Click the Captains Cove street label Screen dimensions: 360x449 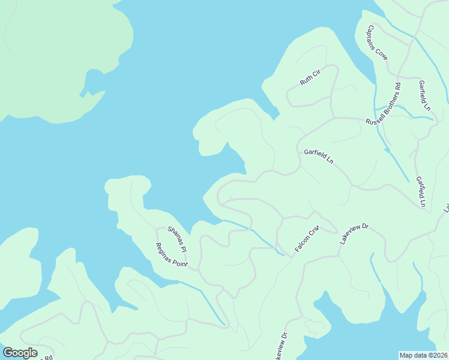tap(378, 42)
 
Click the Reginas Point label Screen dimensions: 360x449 tap(172, 254)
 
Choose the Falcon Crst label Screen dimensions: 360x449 tap(306, 239)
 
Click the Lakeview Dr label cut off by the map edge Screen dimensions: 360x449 tap(280, 346)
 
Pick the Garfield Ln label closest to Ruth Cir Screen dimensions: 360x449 tap(318, 157)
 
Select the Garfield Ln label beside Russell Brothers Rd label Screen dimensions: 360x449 tap(425, 95)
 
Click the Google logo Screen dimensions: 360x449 tap(20, 352)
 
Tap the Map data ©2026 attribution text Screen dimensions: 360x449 tap(424, 355)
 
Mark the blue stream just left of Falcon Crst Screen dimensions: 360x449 tap(264, 239)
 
